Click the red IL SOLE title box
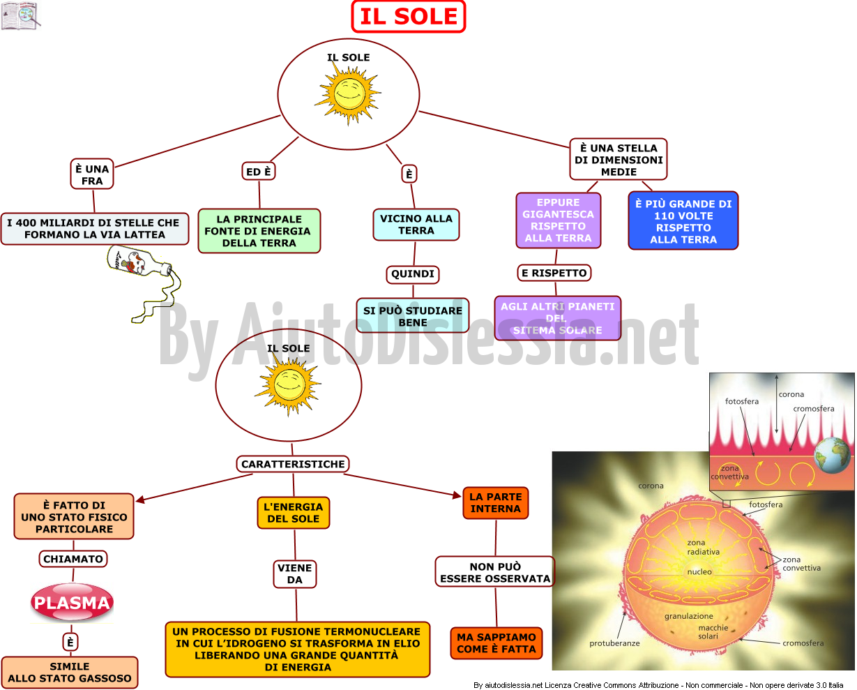click(409, 16)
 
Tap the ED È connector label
click(259, 172)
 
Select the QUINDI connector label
click(413, 274)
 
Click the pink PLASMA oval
click(72, 602)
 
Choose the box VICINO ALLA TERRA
click(416, 225)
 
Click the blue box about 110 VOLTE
click(683, 221)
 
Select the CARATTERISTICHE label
click(293, 464)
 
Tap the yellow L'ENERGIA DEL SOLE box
click(294, 513)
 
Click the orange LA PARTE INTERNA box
click(495, 503)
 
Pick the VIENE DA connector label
click(295, 573)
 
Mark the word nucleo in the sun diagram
click(699, 571)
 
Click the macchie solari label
click(713, 631)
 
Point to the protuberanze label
click(614, 643)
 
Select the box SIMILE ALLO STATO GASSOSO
click(70, 673)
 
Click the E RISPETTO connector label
click(554, 273)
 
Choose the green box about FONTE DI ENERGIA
click(259, 231)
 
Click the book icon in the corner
click(20, 15)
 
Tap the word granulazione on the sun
click(688, 616)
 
